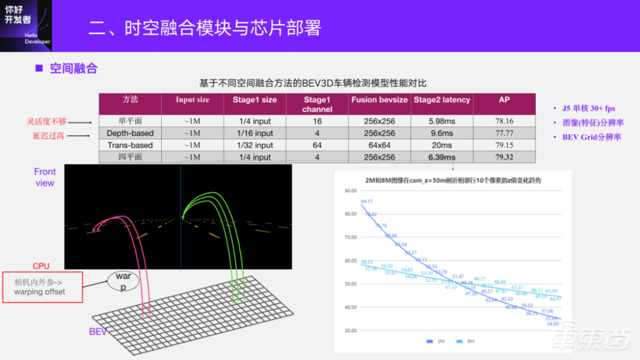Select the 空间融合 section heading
pyautogui.click(x=73, y=69)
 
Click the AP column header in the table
pyautogui.click(x=504, y=100)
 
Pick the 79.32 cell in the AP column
pyautogui.click(x=504, y=157)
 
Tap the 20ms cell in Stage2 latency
pyautogui.click(x=440, y=145)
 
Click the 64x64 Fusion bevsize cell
pyautogui.click(x=379, y=145)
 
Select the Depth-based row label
pyautogui.click(x=130, y=133)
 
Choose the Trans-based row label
pyautogui.click(x=130, y=145)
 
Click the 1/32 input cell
pyautogui.click(x=251, y=145)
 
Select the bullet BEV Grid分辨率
pyautogui.click(x=592, y=137)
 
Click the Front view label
pyautogui.click(x=45, y=177)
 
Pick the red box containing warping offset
pyautogui.click(x=44, y=287)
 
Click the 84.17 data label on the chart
pyautogui.click(x=367, y=201)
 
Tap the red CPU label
pyautogui.click(x=42, y=266)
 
